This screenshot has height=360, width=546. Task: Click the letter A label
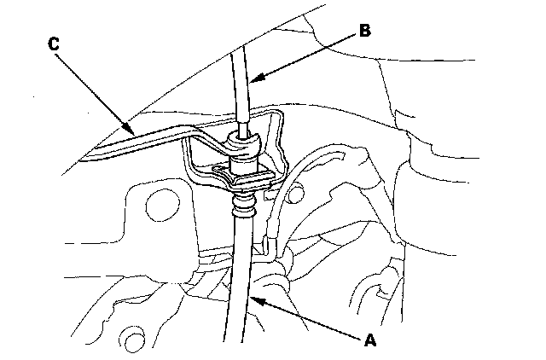coord(369,340)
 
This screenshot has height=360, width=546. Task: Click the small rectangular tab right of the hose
coord(267,246)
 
